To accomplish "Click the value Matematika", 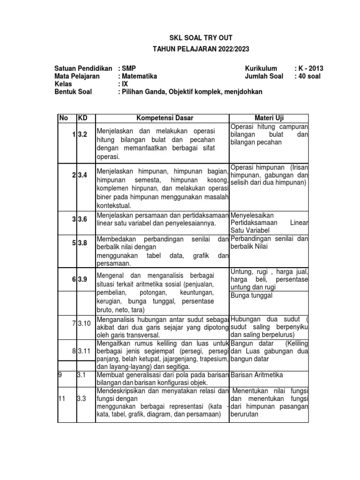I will [139, 76].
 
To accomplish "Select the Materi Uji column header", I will [270, 118].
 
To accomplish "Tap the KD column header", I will [82, 118].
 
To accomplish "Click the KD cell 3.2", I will [82, 135].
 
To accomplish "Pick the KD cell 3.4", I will [82, 175].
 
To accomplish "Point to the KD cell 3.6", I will [82, 219].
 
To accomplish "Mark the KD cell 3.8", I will [82, 243].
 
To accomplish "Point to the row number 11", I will [61, 398].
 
